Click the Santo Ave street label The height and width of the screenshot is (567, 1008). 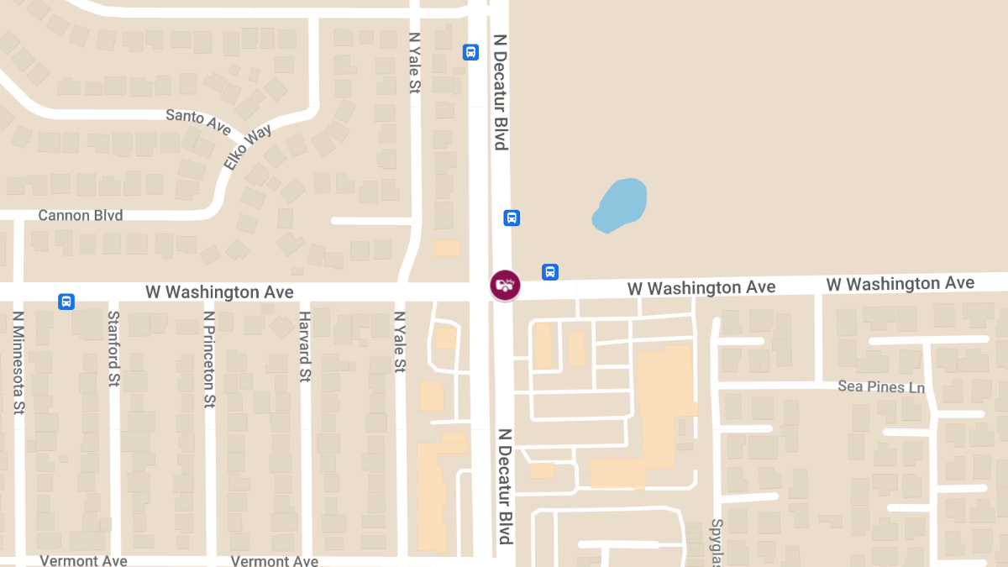point(198,121)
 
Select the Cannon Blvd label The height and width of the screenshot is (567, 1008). point(81,216)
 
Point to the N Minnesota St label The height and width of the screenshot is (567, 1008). point(18,362)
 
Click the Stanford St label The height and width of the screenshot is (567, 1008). point(113,349)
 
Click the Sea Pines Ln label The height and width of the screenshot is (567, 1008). point(881,387)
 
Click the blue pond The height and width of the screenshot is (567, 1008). point(622,206)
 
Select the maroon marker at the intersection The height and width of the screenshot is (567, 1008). point(505,285)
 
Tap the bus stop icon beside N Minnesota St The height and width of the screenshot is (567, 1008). point(66,302)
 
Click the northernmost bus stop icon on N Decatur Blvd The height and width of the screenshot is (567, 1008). point(470,52)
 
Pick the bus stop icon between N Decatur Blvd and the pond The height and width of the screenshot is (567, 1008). point(512,218)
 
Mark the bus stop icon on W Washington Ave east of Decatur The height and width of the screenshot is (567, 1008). point(550,272)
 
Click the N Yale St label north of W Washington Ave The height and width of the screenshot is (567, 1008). point(413,63)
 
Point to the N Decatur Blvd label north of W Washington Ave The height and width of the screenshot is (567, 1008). point(501,92)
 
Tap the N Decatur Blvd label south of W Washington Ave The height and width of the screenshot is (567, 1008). point(505,486)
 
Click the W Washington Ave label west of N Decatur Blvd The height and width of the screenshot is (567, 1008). point(219,292)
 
